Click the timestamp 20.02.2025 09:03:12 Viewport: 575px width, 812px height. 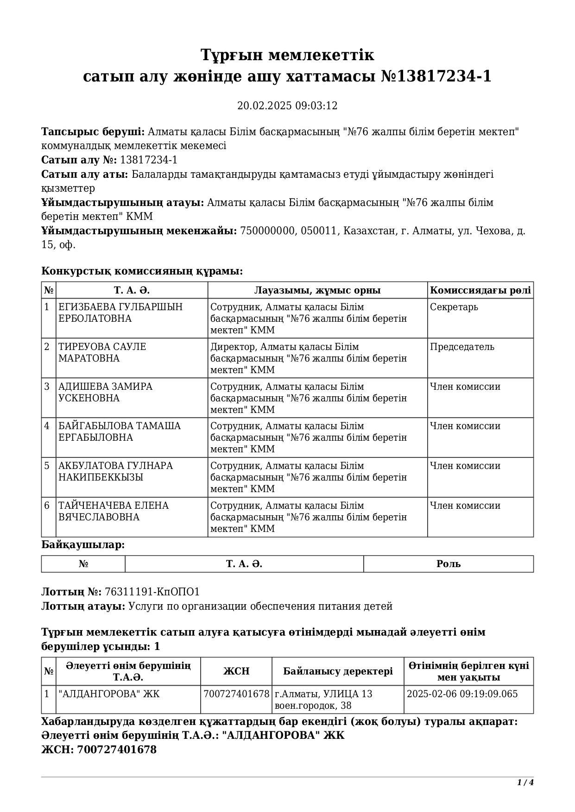[x=287, y=106]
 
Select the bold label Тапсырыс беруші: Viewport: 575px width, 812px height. [x=93, y=132]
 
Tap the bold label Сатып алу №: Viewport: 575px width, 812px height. [x=79, y=160]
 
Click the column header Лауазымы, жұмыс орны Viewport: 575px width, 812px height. [x=317, y=290]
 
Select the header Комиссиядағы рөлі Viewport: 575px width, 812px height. [x=480, y=290]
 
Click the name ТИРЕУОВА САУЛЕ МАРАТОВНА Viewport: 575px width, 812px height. [x=102, y=352]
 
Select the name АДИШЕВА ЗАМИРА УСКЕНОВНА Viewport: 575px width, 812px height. [x=105, y=392]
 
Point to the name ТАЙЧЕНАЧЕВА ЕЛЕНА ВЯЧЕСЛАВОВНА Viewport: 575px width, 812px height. [x=114, y=511]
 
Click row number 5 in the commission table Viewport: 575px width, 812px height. [x=47, y=466]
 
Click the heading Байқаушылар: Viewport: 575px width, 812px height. [x=83, y=545]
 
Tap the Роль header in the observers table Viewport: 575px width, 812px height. [x=448, y=564]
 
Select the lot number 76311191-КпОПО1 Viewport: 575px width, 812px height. [x=152, y=592]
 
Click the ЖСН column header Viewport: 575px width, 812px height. [x=236, y=671]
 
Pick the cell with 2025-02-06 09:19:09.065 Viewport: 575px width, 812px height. [x=462, y=694]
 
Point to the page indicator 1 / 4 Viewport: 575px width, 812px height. [x=525, y=783]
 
